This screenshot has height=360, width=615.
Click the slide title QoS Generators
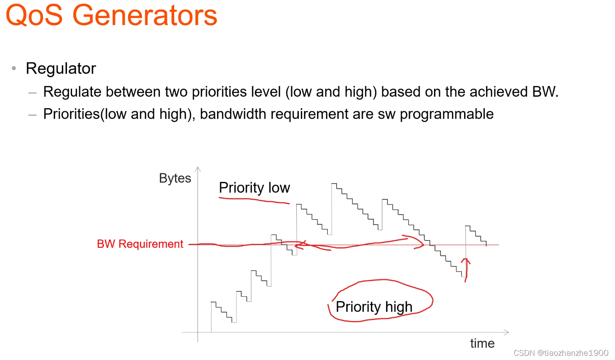pyautogui.click(x=111, y=15)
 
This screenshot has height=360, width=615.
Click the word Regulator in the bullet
pyautogui.click(x=61, y=68)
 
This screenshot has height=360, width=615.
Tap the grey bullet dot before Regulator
pyautogui.click(x=14, y=68)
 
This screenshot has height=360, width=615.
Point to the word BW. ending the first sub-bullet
pyautogui.click(x=545, y=92)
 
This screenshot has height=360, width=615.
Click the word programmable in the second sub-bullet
pyautogui.click(x=447, y=114)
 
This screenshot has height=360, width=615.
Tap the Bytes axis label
pyautogui.click(x=175, y=179)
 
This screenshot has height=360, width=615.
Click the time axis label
pyautogui.click(x=482, y=343)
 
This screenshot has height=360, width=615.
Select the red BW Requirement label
pyautogui.click(x=140, y=244)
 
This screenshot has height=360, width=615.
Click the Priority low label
pyautogui.click(x=254, y=188)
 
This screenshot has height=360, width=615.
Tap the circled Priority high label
pyautogui.click(x=374, y=307)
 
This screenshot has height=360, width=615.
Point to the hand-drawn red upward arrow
pyautogui.click(x=466, y=270)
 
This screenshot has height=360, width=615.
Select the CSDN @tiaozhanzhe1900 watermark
pyautogui.click(x=561, y=353)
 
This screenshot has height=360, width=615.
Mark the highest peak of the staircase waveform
pyautogui.click(x=334, y=184)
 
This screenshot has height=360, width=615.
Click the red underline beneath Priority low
pyautogui.click(x=254, y=200)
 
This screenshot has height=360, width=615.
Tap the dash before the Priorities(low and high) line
pyautogui.click(x=32, y=115)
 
